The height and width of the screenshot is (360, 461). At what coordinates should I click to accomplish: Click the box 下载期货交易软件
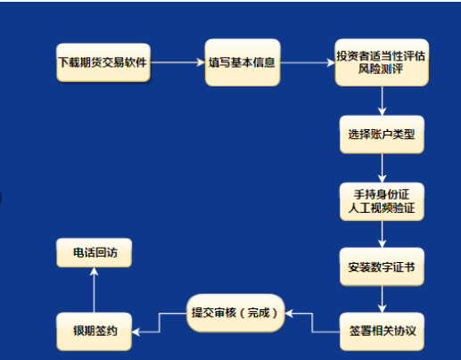coord(101,62)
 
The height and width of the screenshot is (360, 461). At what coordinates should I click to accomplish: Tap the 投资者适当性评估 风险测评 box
coord(381,62)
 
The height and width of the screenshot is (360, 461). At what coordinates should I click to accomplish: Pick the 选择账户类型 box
coord(381,135)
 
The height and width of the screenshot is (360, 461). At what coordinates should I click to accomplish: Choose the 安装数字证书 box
coord(382,266)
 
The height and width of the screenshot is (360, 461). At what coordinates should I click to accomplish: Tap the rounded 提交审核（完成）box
coord(235,313)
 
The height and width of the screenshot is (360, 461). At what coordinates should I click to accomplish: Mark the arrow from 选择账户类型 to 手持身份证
coord(382,168)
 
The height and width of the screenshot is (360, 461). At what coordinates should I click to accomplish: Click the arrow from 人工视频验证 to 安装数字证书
coord(382,234)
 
